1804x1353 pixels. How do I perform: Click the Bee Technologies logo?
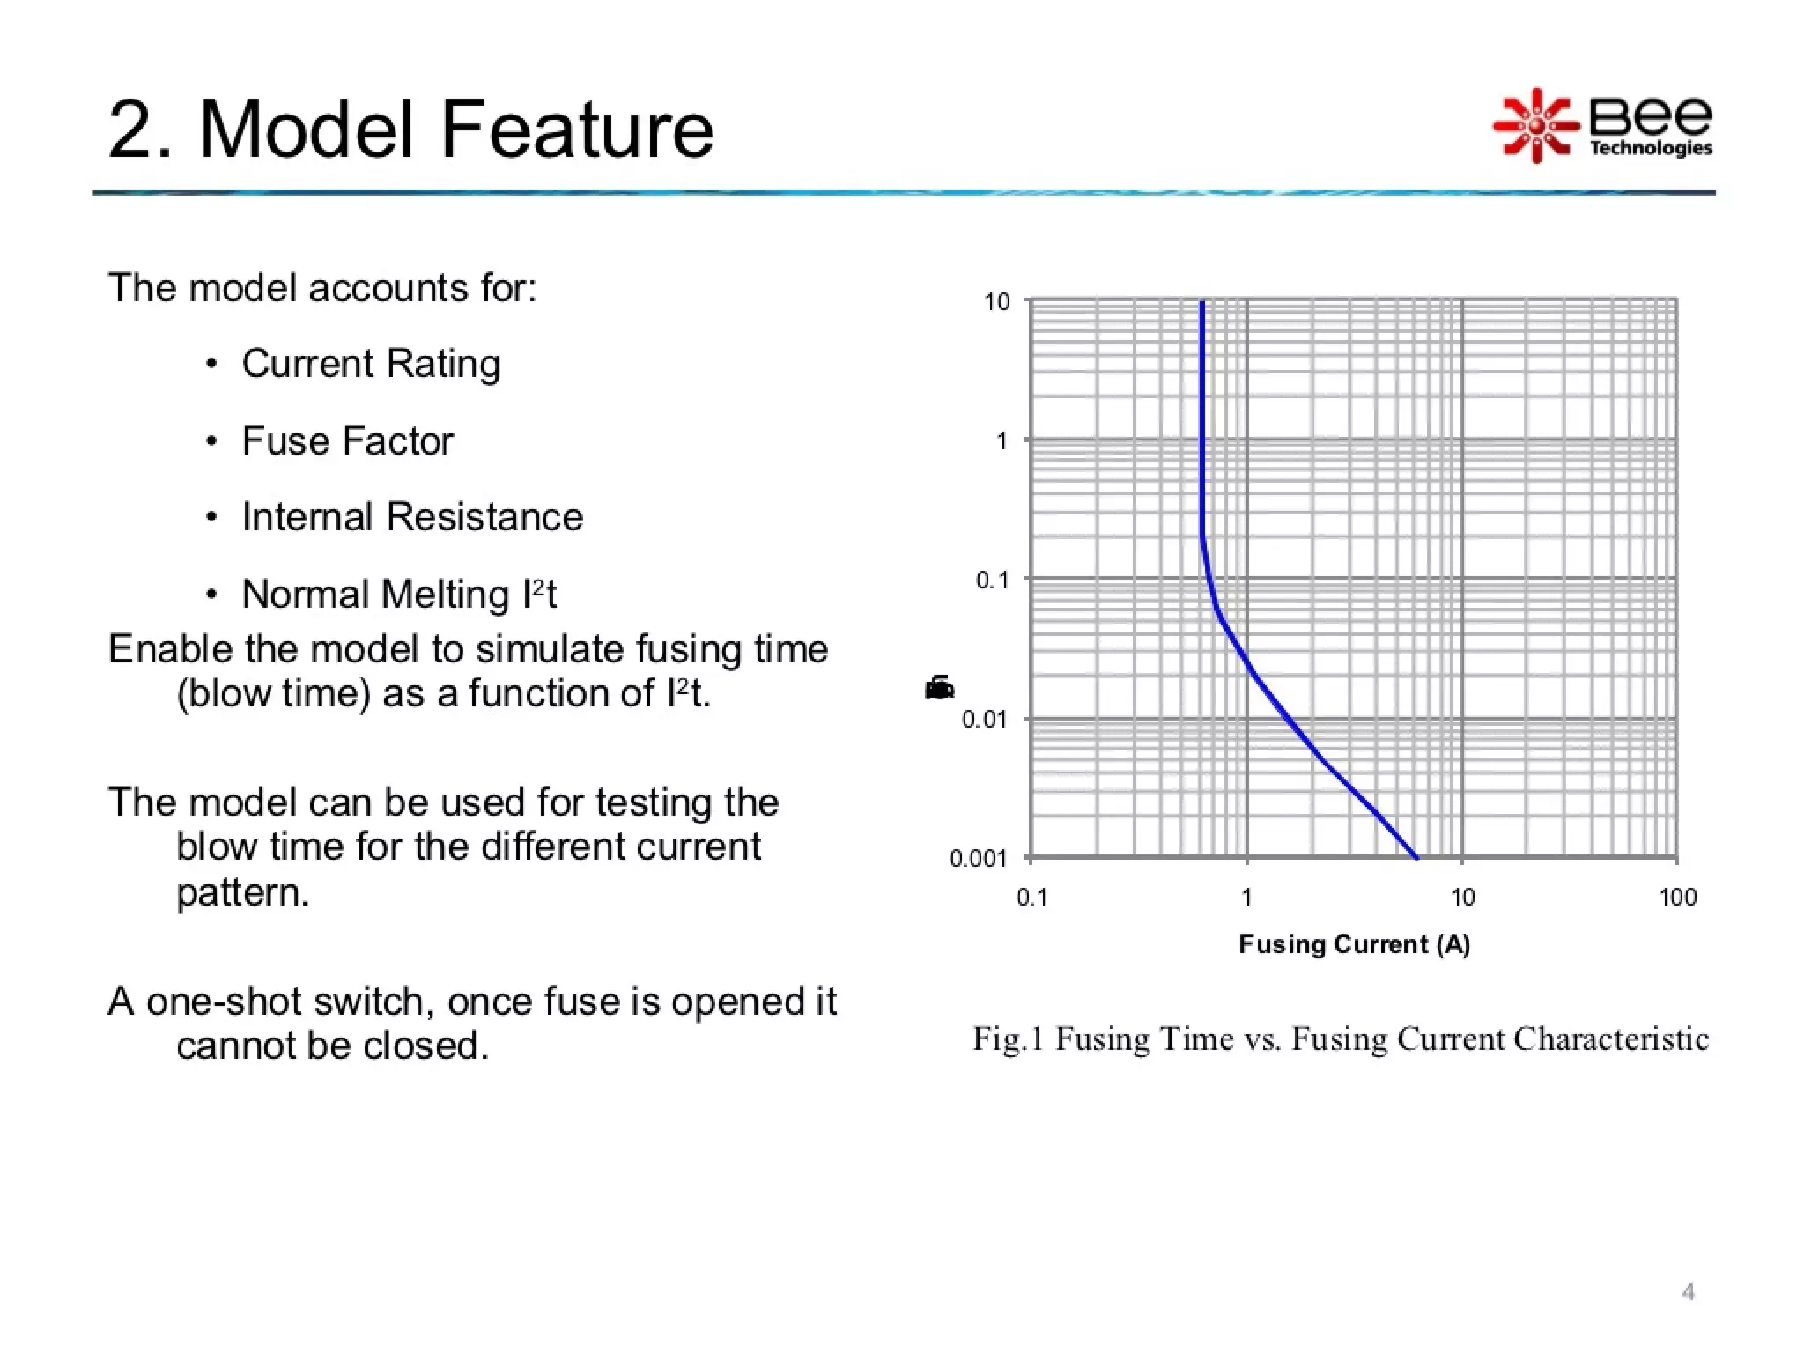(1601, 126)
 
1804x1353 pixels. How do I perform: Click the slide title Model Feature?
(410, 129)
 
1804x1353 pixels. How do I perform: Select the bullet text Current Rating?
(371, 364)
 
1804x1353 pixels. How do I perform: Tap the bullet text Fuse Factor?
(347, 441)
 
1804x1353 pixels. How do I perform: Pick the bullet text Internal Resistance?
(412, 517)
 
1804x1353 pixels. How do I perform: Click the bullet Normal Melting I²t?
(398, 595)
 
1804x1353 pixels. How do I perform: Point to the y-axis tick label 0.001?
(978, 858)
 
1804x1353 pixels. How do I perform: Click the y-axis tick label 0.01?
(984, 720)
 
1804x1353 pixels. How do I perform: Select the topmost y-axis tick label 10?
(996, 302)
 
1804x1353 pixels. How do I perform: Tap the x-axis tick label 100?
(1677, 898)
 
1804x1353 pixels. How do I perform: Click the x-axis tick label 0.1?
(1031, 898)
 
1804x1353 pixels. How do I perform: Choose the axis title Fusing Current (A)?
(1354, 944)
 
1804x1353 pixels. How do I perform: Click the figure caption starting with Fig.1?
(1340, 1039)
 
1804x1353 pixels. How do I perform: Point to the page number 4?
(1688, 1292)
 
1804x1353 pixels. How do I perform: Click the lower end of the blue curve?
(1416, 856)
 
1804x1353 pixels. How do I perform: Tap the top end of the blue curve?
(1202, 304)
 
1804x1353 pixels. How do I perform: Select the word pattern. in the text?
(242, 893)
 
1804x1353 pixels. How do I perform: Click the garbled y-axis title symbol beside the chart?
(939, 688)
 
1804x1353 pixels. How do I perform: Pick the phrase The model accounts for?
(322, 288)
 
